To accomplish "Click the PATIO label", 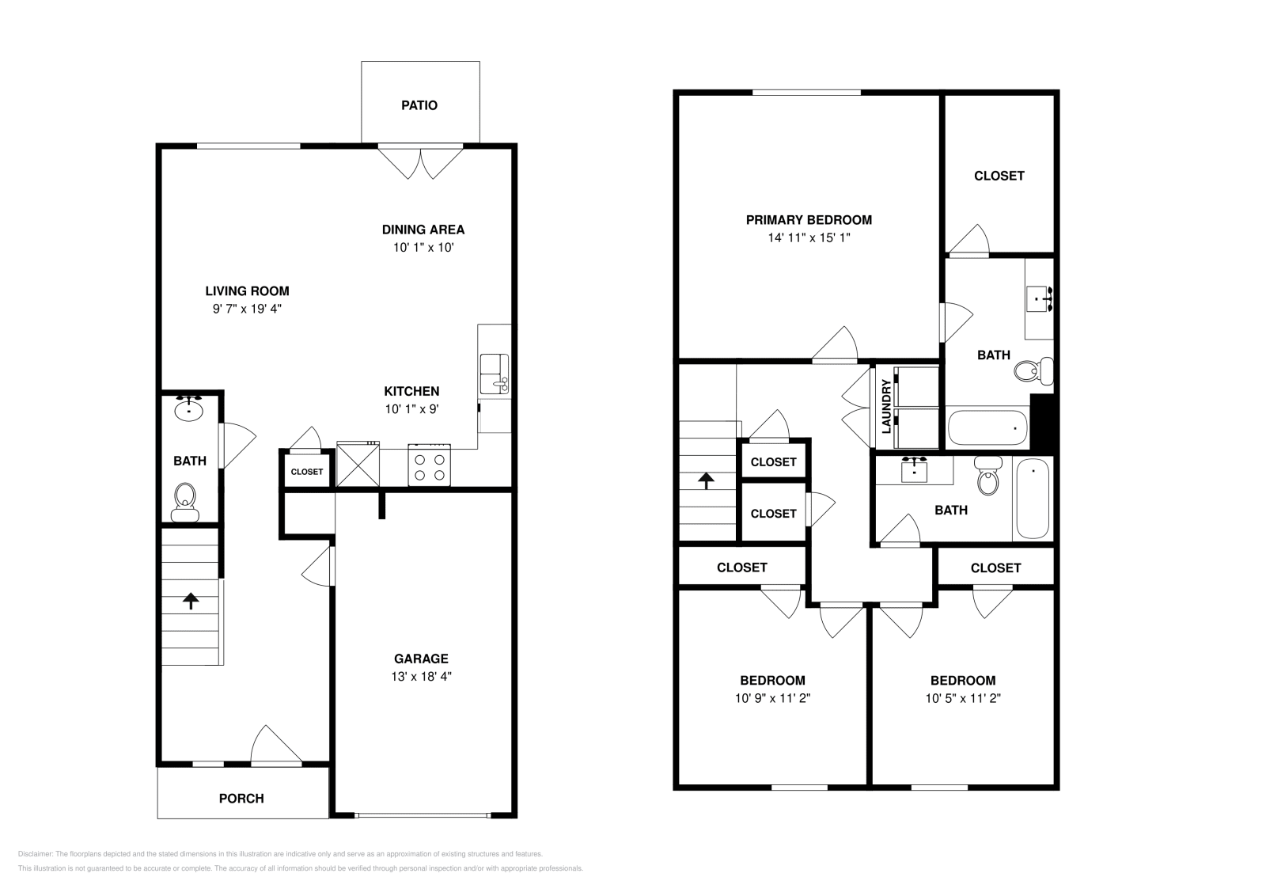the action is click(419, 105).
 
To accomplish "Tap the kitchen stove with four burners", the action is click(429, 465).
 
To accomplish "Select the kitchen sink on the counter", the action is click(494, 374).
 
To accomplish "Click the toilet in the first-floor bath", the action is click(185, 502).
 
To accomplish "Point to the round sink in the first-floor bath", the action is click(189, 408).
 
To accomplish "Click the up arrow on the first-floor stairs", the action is click(191, 600).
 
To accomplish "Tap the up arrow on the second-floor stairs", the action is click(706, 481).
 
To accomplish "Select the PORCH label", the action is click(241, 798).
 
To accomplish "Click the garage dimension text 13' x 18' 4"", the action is click(421, 676).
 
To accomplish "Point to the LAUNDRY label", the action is click(885, 407).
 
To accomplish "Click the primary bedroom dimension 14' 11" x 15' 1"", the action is click(809, 237).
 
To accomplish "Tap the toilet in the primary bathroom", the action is click(1033, 371).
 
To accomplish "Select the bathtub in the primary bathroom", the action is click(987, 428).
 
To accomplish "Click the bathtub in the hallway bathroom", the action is click(1033, 498).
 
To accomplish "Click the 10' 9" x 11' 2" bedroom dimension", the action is click(772, 698).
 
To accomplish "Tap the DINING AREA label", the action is click(423, 230).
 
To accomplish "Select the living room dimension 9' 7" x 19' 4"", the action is click(247, 309).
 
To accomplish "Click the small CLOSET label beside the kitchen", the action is click(307, 472).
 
